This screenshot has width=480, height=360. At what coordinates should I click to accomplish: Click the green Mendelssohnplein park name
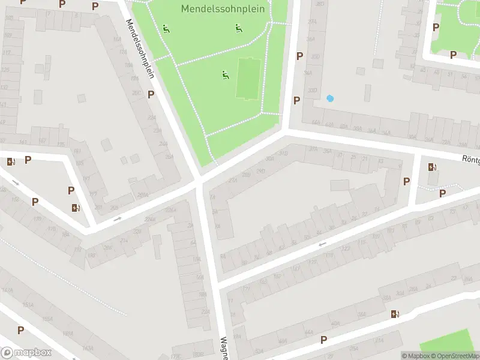223,9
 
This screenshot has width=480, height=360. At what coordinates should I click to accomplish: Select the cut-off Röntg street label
470,160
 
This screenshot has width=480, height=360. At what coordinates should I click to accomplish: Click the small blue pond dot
329,98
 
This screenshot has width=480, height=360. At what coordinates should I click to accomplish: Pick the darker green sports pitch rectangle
247,79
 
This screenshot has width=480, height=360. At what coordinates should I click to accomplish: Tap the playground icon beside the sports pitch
225,75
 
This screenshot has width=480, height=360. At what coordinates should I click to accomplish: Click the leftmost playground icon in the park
166,28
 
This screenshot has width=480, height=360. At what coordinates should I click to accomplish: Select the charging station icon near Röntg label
432,167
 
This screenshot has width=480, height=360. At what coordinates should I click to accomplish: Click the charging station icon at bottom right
394,314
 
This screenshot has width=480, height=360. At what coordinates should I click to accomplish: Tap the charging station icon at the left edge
10,161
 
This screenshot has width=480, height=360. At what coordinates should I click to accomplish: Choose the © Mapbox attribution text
416,356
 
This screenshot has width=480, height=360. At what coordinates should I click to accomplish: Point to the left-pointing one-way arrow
322,244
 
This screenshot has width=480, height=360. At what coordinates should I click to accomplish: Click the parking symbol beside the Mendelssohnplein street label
151,94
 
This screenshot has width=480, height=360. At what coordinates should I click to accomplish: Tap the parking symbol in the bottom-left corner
20,330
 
